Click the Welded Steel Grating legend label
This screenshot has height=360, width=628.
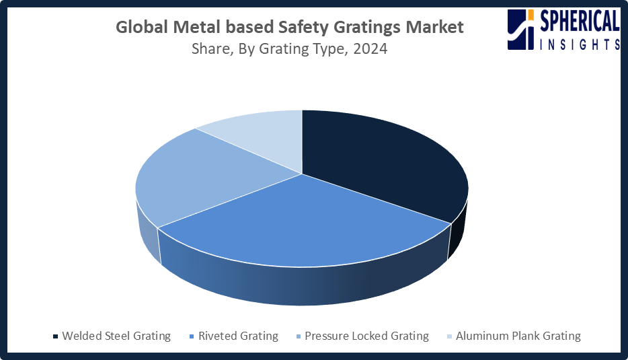pyautogui.click(x=116, y=336)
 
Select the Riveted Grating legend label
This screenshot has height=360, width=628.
pyautogui.click(x=238, y=336)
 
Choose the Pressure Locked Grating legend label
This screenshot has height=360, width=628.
pyautogui.click(x=366, y=336)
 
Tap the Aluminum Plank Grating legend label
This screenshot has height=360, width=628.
pyautogui.click(x=518, y=336)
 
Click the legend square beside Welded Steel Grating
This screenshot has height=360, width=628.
pyautogui.click(x=55, y=336)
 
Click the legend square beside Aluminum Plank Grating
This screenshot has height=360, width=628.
pyautogui.click(x=449, y=336)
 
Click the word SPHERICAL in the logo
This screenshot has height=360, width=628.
pyautogui.click(x=579, y=20)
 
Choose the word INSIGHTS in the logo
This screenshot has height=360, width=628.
pyautogui.click(x=579, y=44)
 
